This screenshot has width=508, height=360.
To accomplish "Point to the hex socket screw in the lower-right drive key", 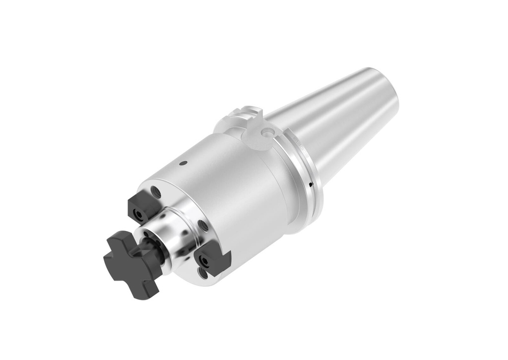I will coord(204,259).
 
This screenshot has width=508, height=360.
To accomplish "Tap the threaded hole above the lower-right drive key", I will coord(203,226).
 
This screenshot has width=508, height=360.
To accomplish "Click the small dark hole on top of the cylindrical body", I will coord(184,163).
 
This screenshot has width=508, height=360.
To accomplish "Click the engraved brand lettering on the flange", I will coord(298,141).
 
